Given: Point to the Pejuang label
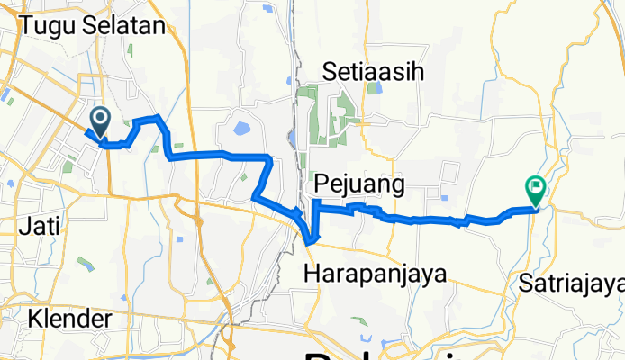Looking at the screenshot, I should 358,185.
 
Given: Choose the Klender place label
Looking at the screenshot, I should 69,319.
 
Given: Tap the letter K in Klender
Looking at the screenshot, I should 34,319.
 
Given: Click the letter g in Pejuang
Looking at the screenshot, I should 393,187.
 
